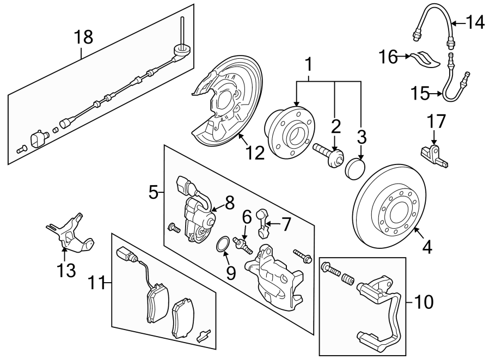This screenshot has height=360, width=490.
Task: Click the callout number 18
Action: coord(83,38)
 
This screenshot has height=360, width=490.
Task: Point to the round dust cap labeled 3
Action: coord(354,168)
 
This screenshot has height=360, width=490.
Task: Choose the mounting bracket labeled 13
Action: coord(71,237)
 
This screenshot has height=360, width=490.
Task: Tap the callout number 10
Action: coord(425,301)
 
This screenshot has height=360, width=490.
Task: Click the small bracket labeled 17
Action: coord(434,152)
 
